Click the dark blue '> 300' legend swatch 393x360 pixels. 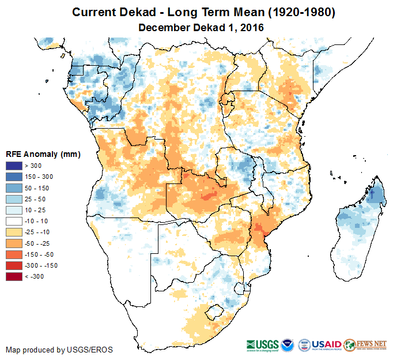pyautogui.click(x=14, y=165)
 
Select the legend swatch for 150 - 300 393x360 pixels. pyautogui.click(x=14, y=177)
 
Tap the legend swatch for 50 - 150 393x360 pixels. pyautogui.click(x=14, y=187)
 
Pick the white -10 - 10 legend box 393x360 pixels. pyautogui.click(x=14, y=221)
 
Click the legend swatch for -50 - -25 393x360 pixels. pyautogui.click(x=14, y=243)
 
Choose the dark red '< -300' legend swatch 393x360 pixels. pyautogui.click(x=14, y=276)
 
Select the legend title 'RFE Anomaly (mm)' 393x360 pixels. pyautogui.click(x=43, y=154)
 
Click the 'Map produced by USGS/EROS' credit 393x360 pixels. pyautogui.click(x=59, y=350)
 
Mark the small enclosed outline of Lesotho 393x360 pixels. pyautogui.click(x=214, y=314)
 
